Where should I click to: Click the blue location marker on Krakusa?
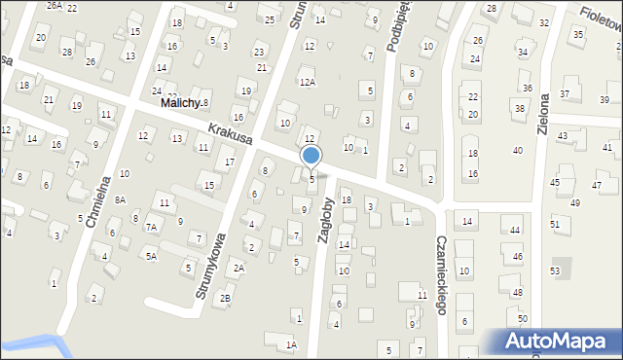(311, 155)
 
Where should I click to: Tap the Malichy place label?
(181, 103)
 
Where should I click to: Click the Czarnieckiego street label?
(441, 275)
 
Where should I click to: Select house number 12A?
(308, 83)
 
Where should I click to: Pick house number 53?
(555, 270)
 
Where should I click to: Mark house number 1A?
(291, 344)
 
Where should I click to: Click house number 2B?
(226, 298)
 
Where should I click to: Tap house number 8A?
(120, 199)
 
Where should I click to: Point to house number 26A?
(55, 6)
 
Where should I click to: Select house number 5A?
(151, 256)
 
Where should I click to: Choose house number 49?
(574, 202)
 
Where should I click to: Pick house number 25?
(270, 18)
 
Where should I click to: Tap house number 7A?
(151, 227)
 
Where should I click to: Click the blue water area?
(29, 343)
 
